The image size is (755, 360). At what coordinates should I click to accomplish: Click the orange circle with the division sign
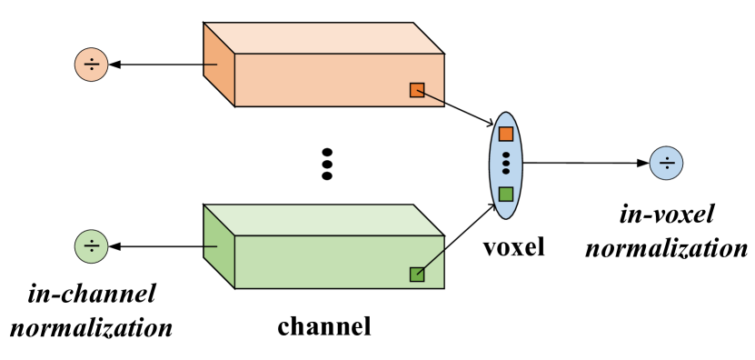point(91,65)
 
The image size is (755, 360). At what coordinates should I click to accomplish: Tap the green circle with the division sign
point(91,246)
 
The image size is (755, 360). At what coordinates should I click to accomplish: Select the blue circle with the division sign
point(666,163)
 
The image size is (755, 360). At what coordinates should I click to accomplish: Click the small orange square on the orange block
point(417,90)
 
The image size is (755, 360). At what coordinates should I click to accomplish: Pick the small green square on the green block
point(417,274)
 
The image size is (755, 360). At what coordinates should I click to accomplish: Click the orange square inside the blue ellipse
point(506,134)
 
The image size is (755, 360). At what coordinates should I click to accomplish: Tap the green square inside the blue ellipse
point(506,194)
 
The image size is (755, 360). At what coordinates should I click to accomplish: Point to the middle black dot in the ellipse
point(506,163)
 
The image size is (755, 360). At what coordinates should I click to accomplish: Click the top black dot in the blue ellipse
point(506,155)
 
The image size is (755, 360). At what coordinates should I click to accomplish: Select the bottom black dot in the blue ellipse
point(506,171)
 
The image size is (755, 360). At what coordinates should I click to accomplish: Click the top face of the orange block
point(323,38)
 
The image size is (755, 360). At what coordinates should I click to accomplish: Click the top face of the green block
point(323,220)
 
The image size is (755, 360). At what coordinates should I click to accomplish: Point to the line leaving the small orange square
point(434,97)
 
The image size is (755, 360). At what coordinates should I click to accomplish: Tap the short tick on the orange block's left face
point(211,65)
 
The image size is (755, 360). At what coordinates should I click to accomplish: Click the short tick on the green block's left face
point(211,246)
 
